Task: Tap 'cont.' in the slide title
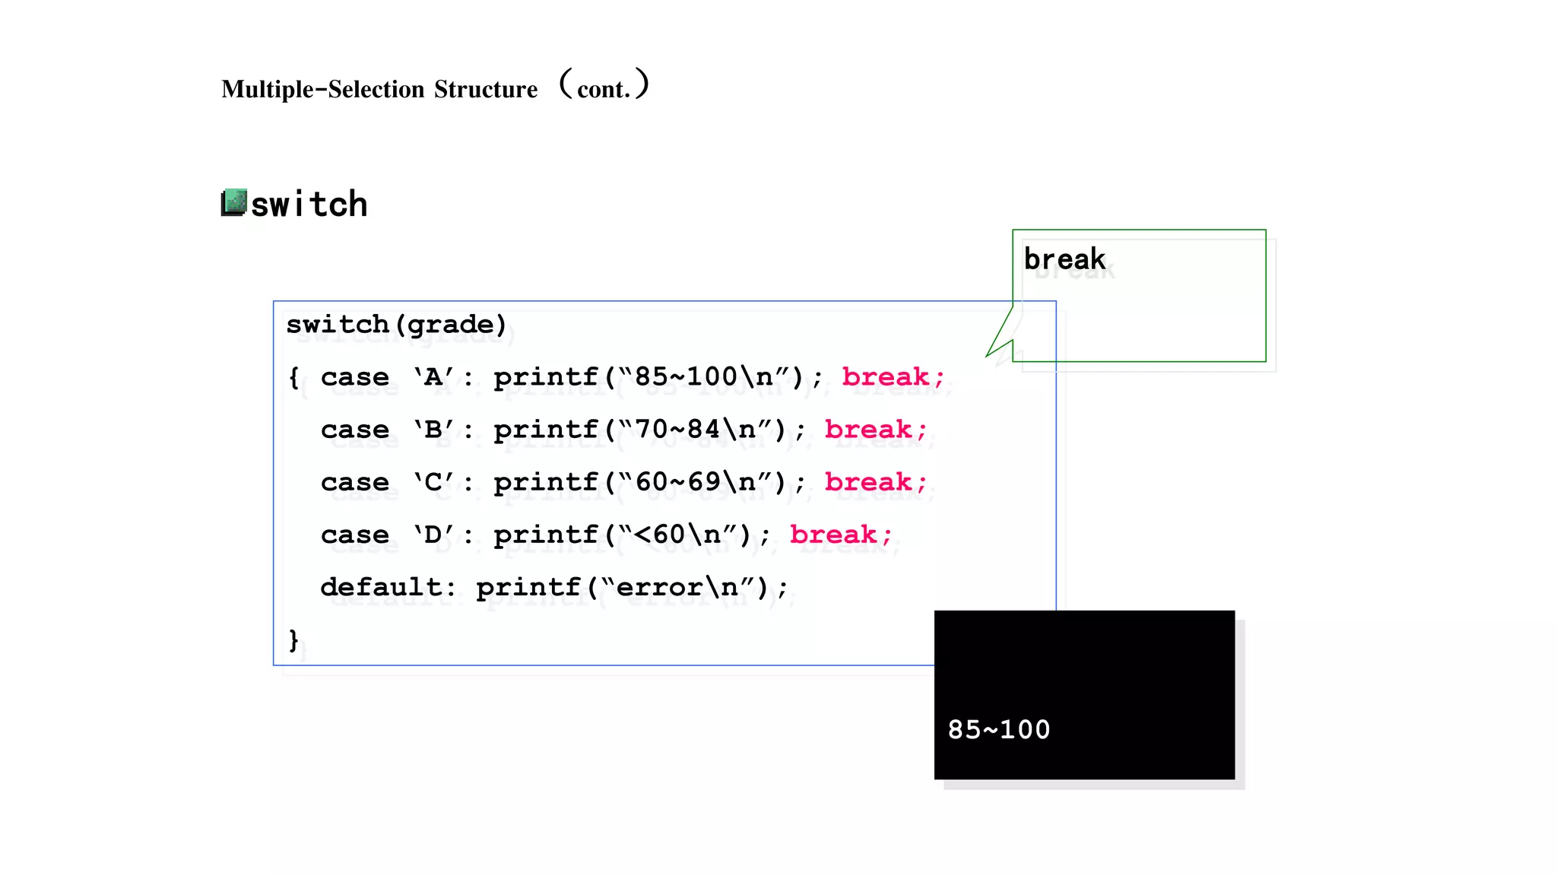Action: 604,90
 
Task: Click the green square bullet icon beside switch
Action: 234,203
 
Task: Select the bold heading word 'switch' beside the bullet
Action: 309,205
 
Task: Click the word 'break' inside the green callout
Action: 1064,259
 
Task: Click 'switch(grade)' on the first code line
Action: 396,325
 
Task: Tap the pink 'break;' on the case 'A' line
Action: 893,377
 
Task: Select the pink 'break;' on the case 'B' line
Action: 876,430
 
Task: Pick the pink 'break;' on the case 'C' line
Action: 876,482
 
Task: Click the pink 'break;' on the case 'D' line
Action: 841,535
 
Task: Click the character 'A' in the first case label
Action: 433,377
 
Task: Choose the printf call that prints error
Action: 632,587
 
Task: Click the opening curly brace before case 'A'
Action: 294,377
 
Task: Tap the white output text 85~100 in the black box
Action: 998,730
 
